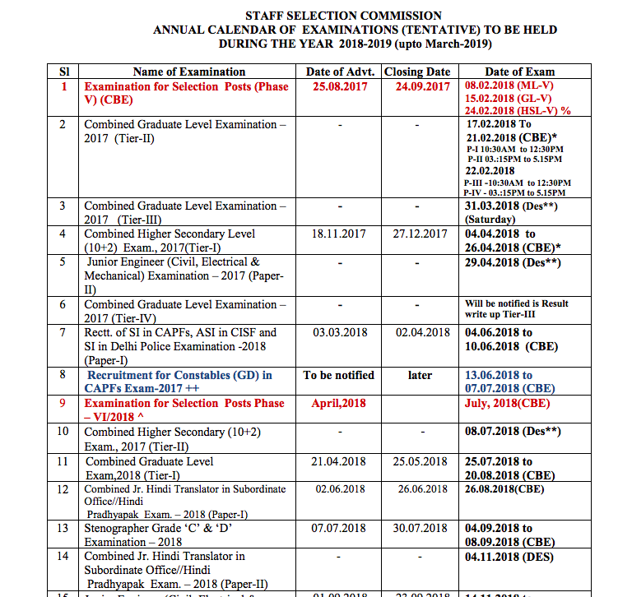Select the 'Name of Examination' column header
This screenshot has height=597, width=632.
(188, 72)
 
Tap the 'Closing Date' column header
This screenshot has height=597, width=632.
(417, 72)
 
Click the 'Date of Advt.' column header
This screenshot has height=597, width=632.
(341, 72)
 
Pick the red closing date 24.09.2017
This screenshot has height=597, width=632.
(422, 86)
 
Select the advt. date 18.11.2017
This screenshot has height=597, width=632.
(339, 234)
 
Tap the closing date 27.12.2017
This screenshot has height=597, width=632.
(420, 234)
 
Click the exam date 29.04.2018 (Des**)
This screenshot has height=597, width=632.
(513, 262)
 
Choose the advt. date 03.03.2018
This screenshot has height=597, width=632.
(339, 333)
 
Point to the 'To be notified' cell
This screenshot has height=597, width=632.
(338, 376)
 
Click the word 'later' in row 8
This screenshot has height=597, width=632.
(420, 376)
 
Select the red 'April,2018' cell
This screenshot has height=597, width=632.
(338, 404)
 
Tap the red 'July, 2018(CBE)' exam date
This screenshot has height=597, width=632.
(507, 404)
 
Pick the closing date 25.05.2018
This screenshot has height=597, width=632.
(420, 461)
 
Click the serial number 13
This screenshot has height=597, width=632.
(63, 528)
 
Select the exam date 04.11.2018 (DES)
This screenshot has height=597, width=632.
(509, 557)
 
